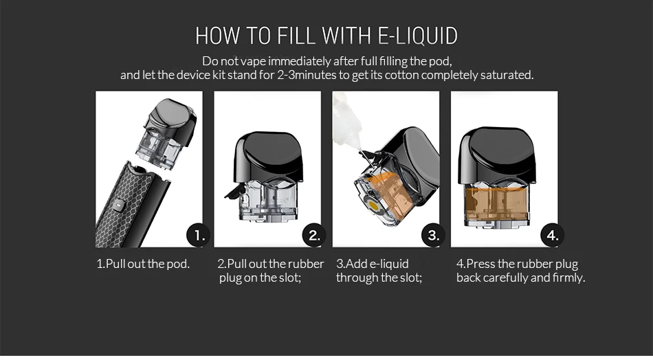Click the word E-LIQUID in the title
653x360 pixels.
coord(417,35)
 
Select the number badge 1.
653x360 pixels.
coord(198,235)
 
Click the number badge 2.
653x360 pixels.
coord(314,235)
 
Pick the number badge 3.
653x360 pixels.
coord(433,235)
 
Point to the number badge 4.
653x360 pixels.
coord(552,235)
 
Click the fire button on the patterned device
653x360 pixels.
coord(119,205)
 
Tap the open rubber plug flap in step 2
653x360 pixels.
coord(234,192)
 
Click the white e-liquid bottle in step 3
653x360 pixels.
coord(346,122)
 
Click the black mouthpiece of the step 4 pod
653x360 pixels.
coord(497,156)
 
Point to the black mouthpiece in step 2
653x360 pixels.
coord(269,157)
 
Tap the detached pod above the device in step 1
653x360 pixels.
coord(169,133)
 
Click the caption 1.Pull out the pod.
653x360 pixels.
coord(143,264)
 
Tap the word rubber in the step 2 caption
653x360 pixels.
coord(306,264)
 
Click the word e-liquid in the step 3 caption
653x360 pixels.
coord(389,265)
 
